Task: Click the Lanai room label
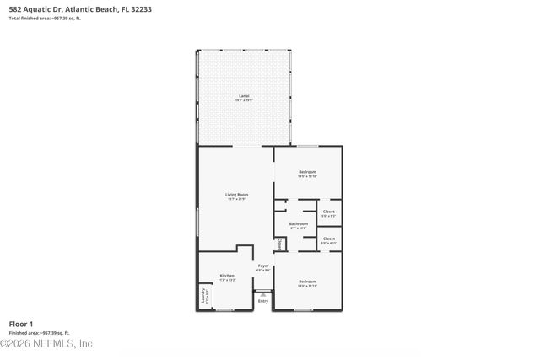(x=243, y=95)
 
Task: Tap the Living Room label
(x=236, y=195)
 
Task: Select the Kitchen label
(x=226, y=275)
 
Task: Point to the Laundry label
(x=203, y=297)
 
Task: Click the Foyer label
(x=263, y=266)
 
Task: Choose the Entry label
(x=263, y=301)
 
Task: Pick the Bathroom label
(x=299, y=223)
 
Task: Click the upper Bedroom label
(x=307, y=172)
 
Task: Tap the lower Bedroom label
(x=307, y=281)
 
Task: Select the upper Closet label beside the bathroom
(x=329, y=212)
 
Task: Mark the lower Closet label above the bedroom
(x=329, y=238)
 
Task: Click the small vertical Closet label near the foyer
(x=279, y=244)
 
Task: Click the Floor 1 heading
(x=20, y=324)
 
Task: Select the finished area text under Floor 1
(x=39, y=333)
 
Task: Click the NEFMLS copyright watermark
(x=46, y=344)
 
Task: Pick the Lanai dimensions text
(x=243, y=99)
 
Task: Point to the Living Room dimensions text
(x=236, y=200)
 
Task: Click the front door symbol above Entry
(x=262, y=293)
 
